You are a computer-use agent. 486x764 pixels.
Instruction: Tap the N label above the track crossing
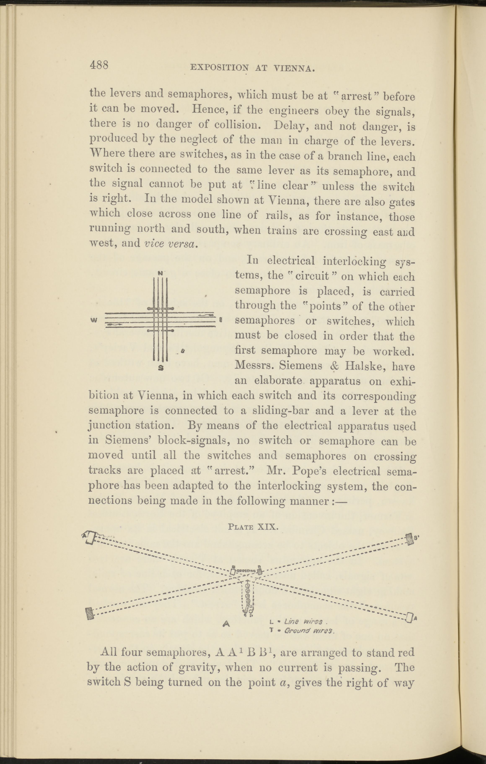click(161, 273)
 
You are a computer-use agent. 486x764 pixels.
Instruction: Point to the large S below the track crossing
click(161, 368)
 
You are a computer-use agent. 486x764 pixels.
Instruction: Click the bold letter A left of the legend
click(226, 623)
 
